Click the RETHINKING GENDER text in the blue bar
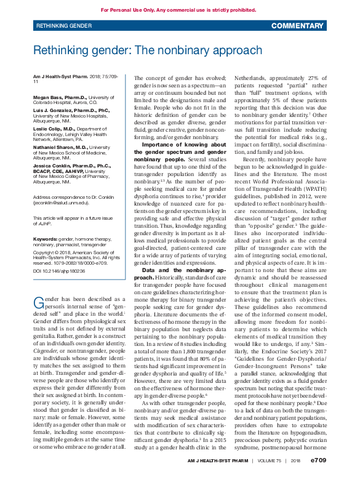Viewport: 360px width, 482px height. [x=65, y=26]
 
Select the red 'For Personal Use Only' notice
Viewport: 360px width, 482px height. [x=178, y=10]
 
